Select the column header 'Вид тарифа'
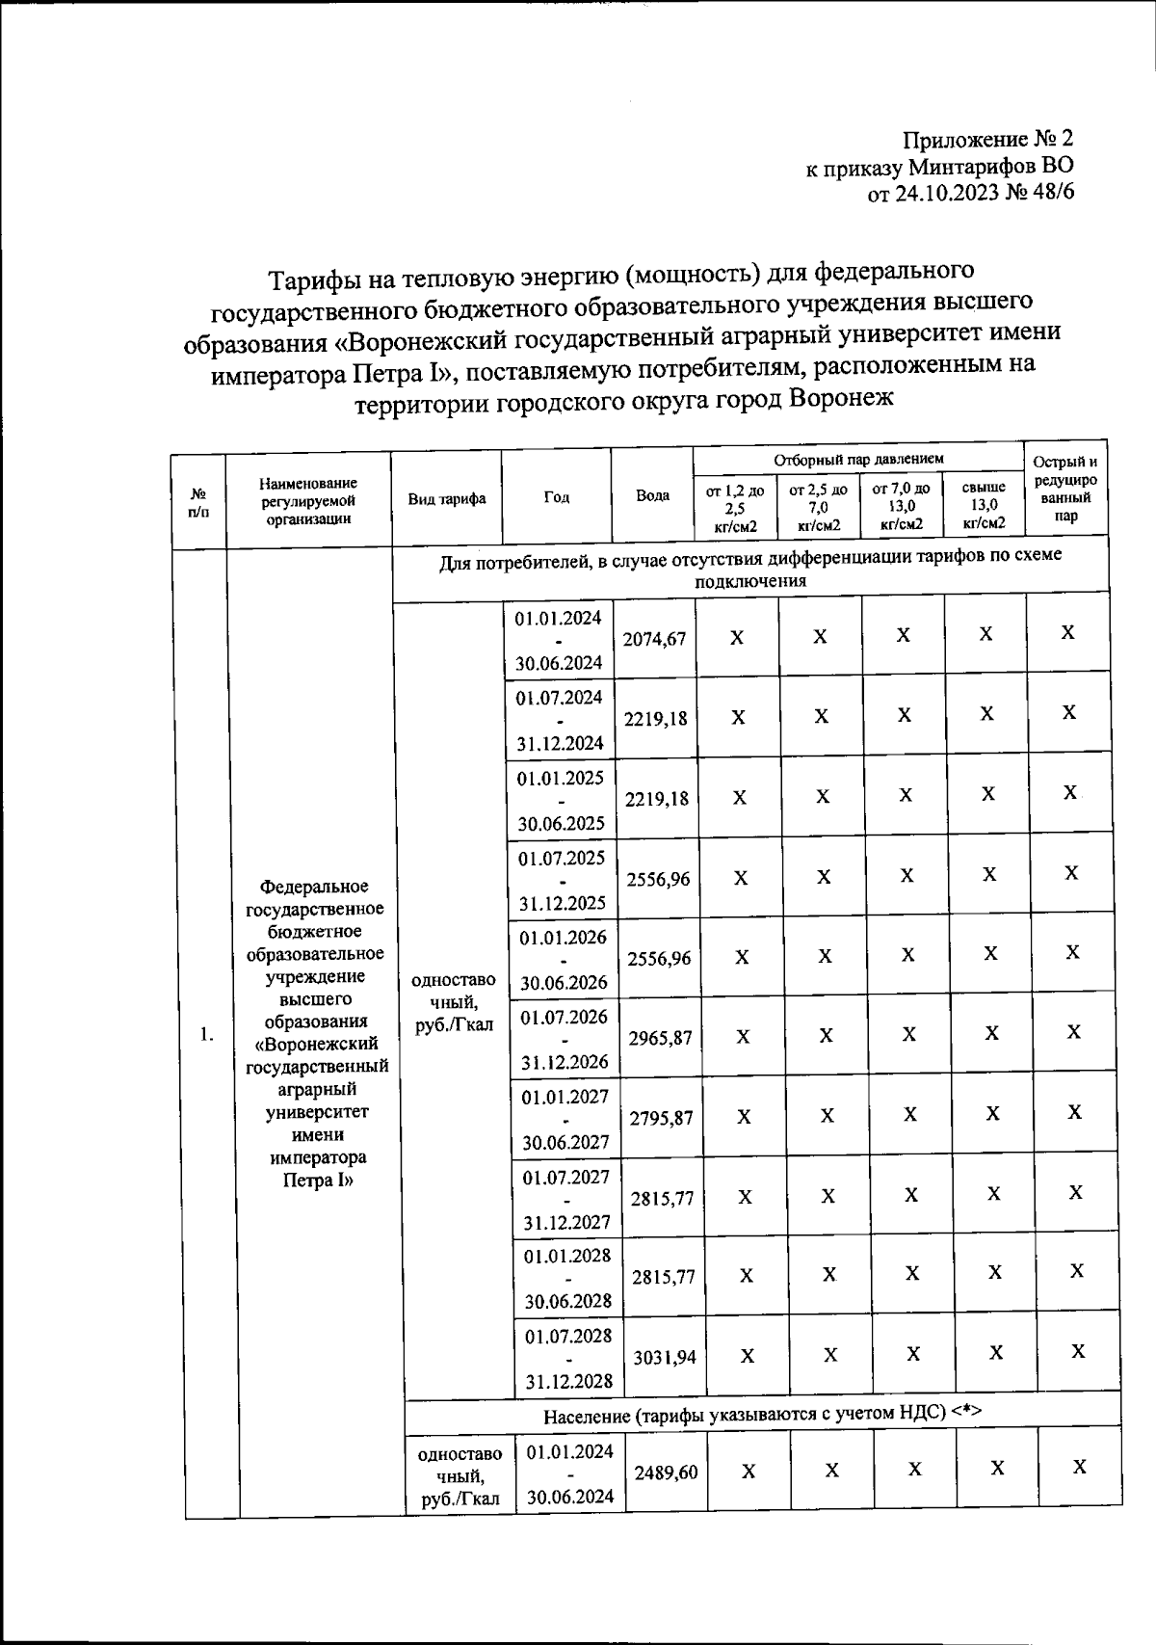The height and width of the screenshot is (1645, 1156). [447, 499]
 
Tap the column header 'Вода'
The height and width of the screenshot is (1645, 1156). [653, 495]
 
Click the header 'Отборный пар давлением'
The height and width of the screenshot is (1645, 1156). [858, 460]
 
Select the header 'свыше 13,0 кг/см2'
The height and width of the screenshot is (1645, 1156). [984, 506]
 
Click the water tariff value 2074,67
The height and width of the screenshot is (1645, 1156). [654, 638]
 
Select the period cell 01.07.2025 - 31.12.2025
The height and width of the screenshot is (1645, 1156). [563, 880]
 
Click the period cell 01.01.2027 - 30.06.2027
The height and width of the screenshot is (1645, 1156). [565, 1120]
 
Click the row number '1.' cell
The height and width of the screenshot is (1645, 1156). [206, 1034]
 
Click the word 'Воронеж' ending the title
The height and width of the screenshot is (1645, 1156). [841, 398]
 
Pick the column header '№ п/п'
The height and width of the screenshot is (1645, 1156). [198, 501]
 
